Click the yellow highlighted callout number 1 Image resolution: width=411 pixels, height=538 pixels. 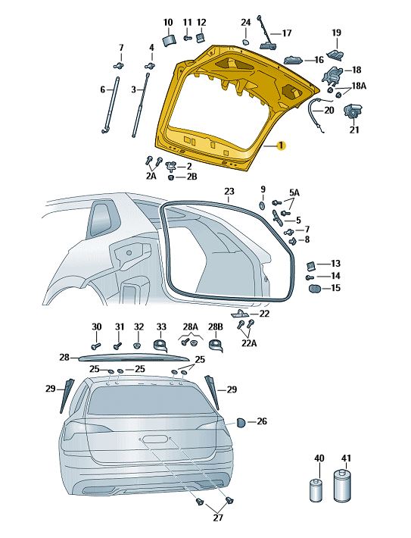pos(281,145)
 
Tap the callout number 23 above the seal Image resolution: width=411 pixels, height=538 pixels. pos(229,191)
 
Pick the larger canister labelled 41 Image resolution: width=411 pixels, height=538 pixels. pos(343,485)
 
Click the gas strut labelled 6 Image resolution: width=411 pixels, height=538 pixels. pos(111,105)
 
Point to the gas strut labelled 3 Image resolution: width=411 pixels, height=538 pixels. pos(141,105)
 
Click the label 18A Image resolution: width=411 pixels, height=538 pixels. pos(359,86)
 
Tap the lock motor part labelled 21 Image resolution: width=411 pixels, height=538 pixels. pos(352,111)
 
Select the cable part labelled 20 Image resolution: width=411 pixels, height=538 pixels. pos(319,115)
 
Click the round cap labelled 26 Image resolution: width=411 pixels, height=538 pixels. pos(241,422)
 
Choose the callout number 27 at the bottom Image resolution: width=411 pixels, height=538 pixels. pos(218,518)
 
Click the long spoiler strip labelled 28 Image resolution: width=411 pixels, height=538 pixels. pos(134,358)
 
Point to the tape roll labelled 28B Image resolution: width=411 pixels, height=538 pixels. pos(216,346)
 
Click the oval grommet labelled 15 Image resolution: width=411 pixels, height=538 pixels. pos(314,288)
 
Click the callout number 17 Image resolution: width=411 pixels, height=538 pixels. pos(287,33)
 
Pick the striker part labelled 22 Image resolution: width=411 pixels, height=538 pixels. pos(240,313)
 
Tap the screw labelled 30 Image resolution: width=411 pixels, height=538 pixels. pos(96,346)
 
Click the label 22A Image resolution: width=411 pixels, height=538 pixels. pos(249,343)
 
